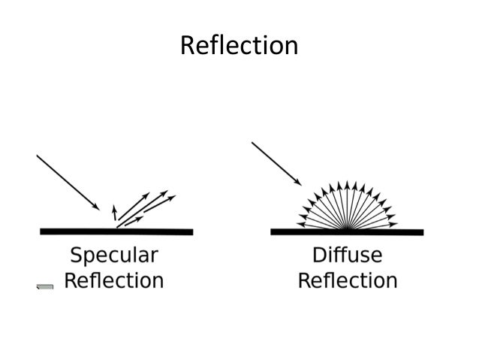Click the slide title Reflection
(239, 46)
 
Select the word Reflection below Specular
(113, 281)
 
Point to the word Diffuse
(347, 255)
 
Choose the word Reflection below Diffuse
(348, 281)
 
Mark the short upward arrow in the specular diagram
(114, 210)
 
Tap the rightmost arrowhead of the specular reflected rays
(173, 197)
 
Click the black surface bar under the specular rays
(113, 231)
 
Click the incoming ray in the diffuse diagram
(277, 163)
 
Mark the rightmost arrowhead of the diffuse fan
(393, 223)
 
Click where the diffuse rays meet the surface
(346, 228)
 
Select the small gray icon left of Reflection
(45, 286)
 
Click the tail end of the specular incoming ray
(38, 156)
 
